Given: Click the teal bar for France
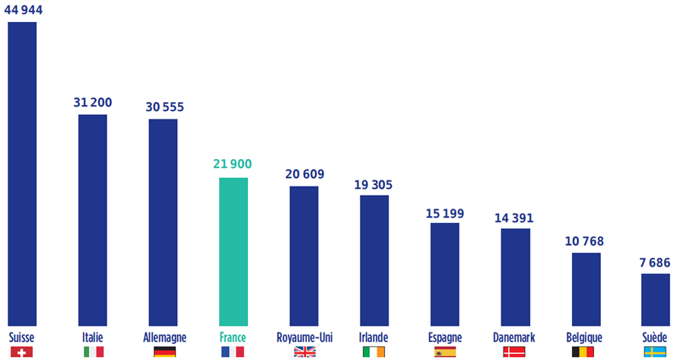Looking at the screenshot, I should (234, 251).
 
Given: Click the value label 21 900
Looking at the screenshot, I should (233, 164).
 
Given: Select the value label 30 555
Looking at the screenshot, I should (164, 107).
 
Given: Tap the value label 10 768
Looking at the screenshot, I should (584, 241).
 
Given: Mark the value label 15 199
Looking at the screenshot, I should (445, 212).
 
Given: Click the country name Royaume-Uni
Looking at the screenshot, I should (304, 336).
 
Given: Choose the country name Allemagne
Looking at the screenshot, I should (164, 336).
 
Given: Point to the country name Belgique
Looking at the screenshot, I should (584, 336).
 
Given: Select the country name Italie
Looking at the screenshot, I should (92, 336).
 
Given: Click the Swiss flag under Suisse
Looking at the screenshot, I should (22, 352).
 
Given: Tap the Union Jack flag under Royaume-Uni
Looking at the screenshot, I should (304, 352).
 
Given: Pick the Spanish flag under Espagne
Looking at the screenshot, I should (445, 352).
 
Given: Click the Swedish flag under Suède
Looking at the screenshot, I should (655, 352).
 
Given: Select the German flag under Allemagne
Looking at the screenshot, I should (164, 352).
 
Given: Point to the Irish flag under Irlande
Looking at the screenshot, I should (374, 352).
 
